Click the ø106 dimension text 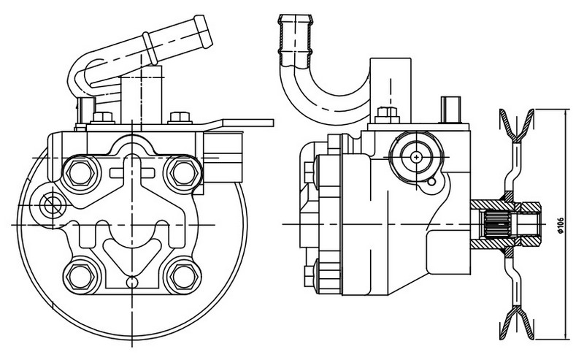561,225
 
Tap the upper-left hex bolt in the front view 80,173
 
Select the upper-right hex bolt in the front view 184,173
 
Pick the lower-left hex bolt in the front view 80,277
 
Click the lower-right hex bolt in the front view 184,277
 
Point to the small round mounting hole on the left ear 50,205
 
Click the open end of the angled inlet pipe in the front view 204,31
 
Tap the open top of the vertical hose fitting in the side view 296,18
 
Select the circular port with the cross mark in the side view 416,157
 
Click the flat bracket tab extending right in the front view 247,123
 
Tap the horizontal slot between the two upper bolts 132,173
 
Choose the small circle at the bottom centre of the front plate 132,282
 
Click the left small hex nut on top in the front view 102,118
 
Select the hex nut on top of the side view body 388,115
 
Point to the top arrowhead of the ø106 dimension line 566,112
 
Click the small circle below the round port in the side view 431,183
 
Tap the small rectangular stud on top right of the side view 450,110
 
